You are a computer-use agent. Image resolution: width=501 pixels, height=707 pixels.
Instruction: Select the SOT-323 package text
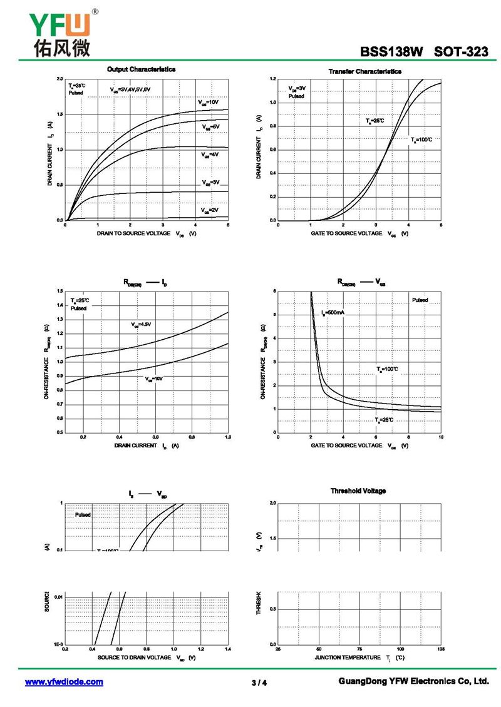coord(462,53)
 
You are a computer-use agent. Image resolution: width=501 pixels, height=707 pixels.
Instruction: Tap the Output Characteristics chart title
coord(141,69)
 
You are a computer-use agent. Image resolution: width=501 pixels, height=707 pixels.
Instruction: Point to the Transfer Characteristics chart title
coord(364,71)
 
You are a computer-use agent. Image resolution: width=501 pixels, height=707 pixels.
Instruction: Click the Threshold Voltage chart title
coord(358,491)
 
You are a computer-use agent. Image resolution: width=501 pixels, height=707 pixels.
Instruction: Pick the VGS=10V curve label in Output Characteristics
coord(209,102)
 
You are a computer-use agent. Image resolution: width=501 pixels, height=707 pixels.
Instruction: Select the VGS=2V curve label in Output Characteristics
coord(209,210)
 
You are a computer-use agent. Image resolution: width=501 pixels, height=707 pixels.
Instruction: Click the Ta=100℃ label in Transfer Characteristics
coord(421,140)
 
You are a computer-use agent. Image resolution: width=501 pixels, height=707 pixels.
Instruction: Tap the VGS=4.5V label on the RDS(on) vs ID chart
coord(142,325)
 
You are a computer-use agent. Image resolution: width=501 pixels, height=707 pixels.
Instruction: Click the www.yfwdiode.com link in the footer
coord(64,682)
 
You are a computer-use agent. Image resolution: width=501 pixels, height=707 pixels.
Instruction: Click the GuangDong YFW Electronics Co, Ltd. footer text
coord(413,681)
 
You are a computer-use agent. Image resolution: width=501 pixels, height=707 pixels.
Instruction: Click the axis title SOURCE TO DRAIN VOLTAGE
coord(141,658)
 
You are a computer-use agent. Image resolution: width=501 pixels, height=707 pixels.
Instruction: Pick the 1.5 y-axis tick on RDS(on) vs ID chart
coord(59,291)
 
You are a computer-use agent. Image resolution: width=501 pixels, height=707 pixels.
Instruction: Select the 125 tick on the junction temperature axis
coord(441,649)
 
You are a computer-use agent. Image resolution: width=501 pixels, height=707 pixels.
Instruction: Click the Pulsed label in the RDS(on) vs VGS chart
coord(420,300)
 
